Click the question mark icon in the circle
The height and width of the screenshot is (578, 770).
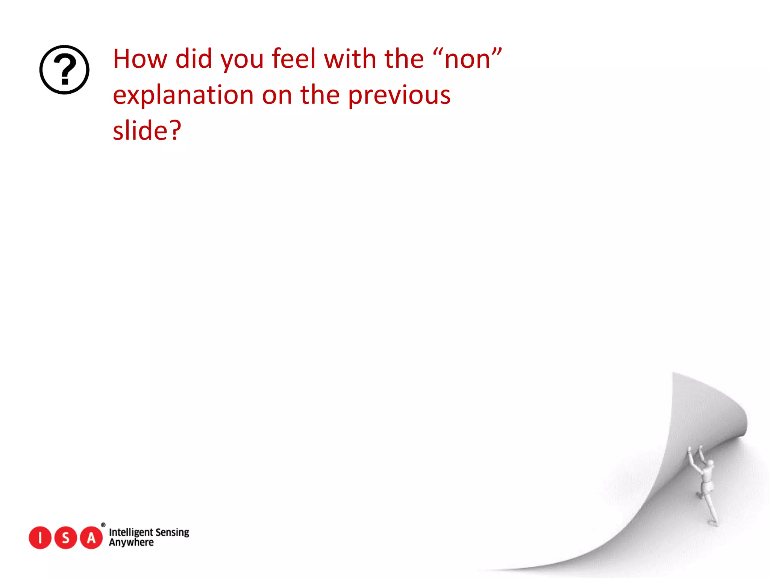pos(64,70)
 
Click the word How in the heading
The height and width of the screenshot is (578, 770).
pos(140,59)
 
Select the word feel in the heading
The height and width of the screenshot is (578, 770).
pos(294,59)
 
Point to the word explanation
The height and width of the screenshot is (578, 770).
pos(183,95)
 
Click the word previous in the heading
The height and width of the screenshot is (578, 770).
pos(399,95)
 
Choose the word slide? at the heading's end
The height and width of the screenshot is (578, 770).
pos(147,131)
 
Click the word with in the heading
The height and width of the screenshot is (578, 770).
pos(350,59)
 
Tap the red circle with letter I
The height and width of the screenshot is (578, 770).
pos(40,538)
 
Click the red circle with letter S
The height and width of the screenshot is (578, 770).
pos(66,538)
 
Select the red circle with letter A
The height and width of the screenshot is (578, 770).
pos(91,538)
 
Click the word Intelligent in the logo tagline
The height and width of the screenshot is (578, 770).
pos(130,532)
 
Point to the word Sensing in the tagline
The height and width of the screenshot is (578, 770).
pos(172,532)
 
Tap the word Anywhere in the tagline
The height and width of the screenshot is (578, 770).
pos(131,543)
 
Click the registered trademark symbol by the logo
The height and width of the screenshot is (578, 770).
pos(103,525)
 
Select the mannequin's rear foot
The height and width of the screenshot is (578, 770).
pos(712,523)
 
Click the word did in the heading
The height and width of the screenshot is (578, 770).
pos(194,59)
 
